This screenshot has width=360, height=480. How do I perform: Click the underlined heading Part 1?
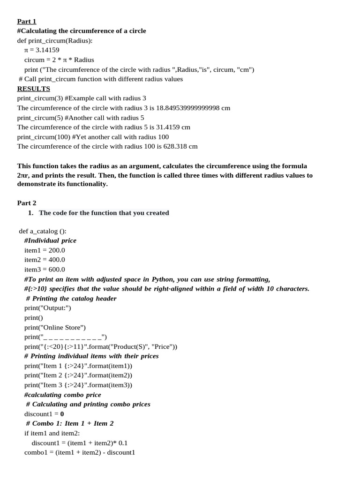pos(27,21)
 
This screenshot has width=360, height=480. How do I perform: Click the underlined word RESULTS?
pos(33,89)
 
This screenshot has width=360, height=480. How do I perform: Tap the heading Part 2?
pos(27,203)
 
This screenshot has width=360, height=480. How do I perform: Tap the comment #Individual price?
pos(50,240)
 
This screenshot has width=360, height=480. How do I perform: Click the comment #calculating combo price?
pos(56,395)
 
